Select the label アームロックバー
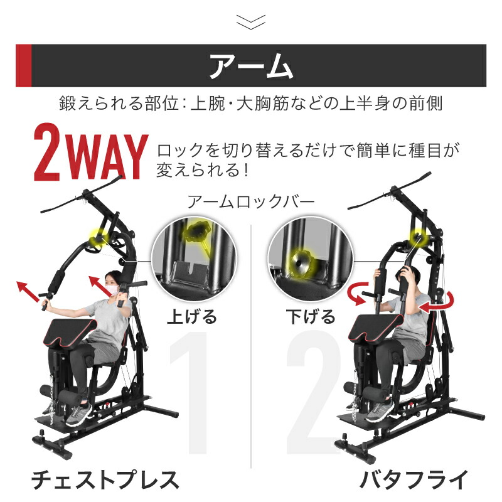[251, 202]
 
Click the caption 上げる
[192, 316]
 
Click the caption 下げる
[310, 316]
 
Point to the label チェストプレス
[105, 481]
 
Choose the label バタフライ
[414, 481]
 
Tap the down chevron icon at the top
[251, 22]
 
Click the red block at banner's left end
[23, 66]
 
